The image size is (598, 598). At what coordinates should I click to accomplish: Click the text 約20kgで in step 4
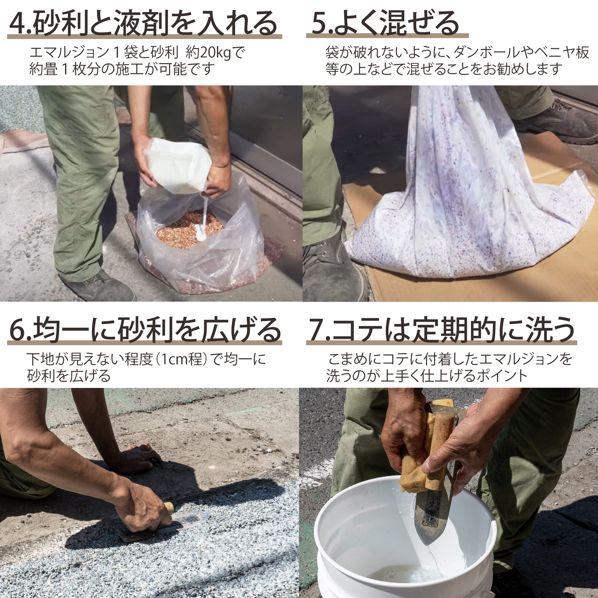215,53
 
